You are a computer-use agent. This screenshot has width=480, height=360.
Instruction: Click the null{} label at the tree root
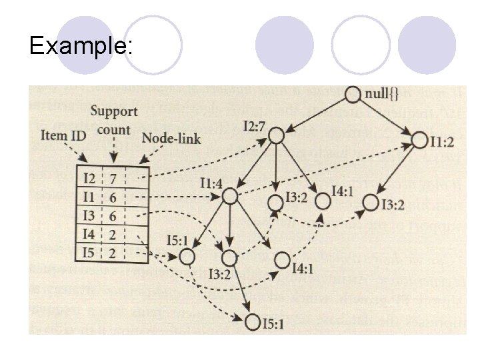click(385, 94)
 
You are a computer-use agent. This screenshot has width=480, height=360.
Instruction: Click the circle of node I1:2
click(419, 141)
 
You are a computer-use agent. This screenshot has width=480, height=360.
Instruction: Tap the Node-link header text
click(171, 139)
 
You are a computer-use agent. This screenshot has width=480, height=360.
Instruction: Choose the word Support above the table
click(114, 111)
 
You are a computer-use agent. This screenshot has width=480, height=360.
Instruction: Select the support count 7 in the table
click(113, 178)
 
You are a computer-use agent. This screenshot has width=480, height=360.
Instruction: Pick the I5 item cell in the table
click(89, 252)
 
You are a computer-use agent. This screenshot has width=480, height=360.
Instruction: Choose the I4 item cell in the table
click(89, 234)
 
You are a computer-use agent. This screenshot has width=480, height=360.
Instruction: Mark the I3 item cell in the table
click(89, 215)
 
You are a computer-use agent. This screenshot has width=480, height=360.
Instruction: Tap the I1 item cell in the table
click(89, 197)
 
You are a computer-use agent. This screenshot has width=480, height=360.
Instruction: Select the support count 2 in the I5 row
click(113, 252)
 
